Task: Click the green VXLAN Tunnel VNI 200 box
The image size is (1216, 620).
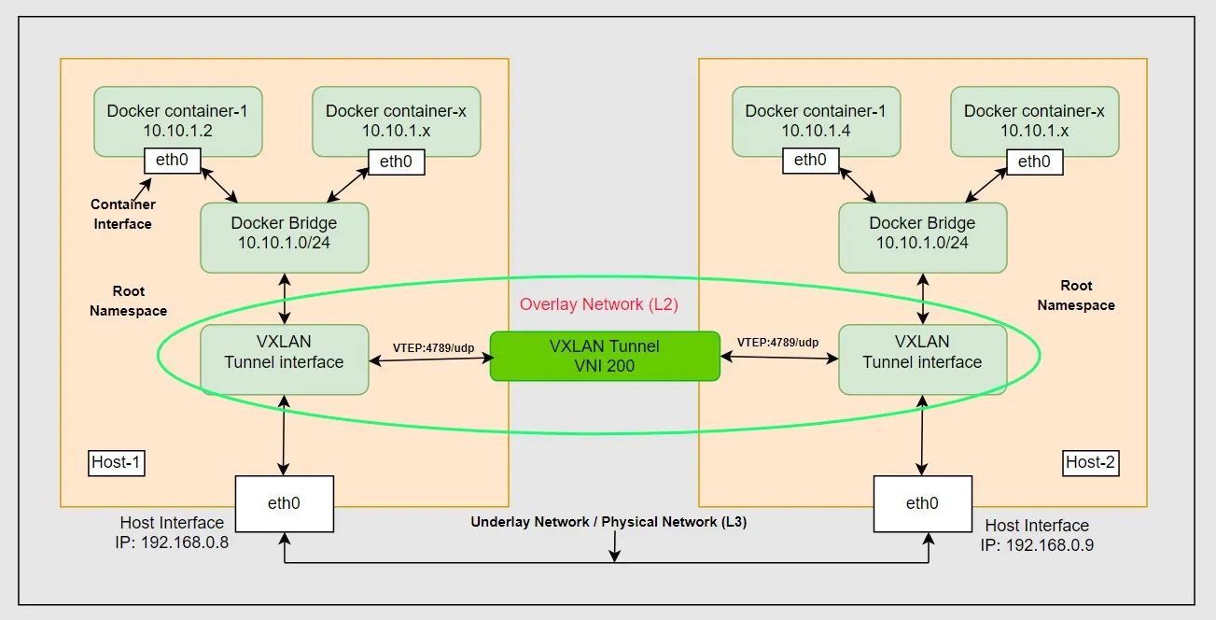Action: click(605, 356)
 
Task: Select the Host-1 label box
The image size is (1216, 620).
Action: click(117, 462)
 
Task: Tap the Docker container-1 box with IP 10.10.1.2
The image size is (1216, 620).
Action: click(178, 120)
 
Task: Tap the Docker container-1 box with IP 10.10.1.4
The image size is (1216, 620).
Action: click(816, 120)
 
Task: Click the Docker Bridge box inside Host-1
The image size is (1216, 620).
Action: click(284, 233)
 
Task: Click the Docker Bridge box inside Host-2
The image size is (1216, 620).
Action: click(922, 233)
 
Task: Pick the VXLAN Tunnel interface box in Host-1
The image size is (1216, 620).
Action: click(284, 352)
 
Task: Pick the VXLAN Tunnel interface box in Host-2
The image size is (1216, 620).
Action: click(922, 352)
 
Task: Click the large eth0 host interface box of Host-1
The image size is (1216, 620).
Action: click(284, 503)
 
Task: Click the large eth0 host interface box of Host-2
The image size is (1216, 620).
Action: click(922, 503)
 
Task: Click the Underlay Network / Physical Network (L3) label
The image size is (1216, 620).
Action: click(608, 522)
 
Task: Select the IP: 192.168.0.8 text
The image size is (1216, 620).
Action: click(173, 541)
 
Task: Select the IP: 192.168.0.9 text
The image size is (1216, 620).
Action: click(1037, 544)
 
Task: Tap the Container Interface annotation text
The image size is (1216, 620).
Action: click(123, 214)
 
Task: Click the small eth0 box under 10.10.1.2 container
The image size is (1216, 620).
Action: click(172, 160)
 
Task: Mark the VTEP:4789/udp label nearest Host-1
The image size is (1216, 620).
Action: click(433, 347)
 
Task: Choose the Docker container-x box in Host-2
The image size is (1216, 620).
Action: click(1034, 120)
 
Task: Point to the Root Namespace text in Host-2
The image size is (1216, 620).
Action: click(1076, 295)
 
